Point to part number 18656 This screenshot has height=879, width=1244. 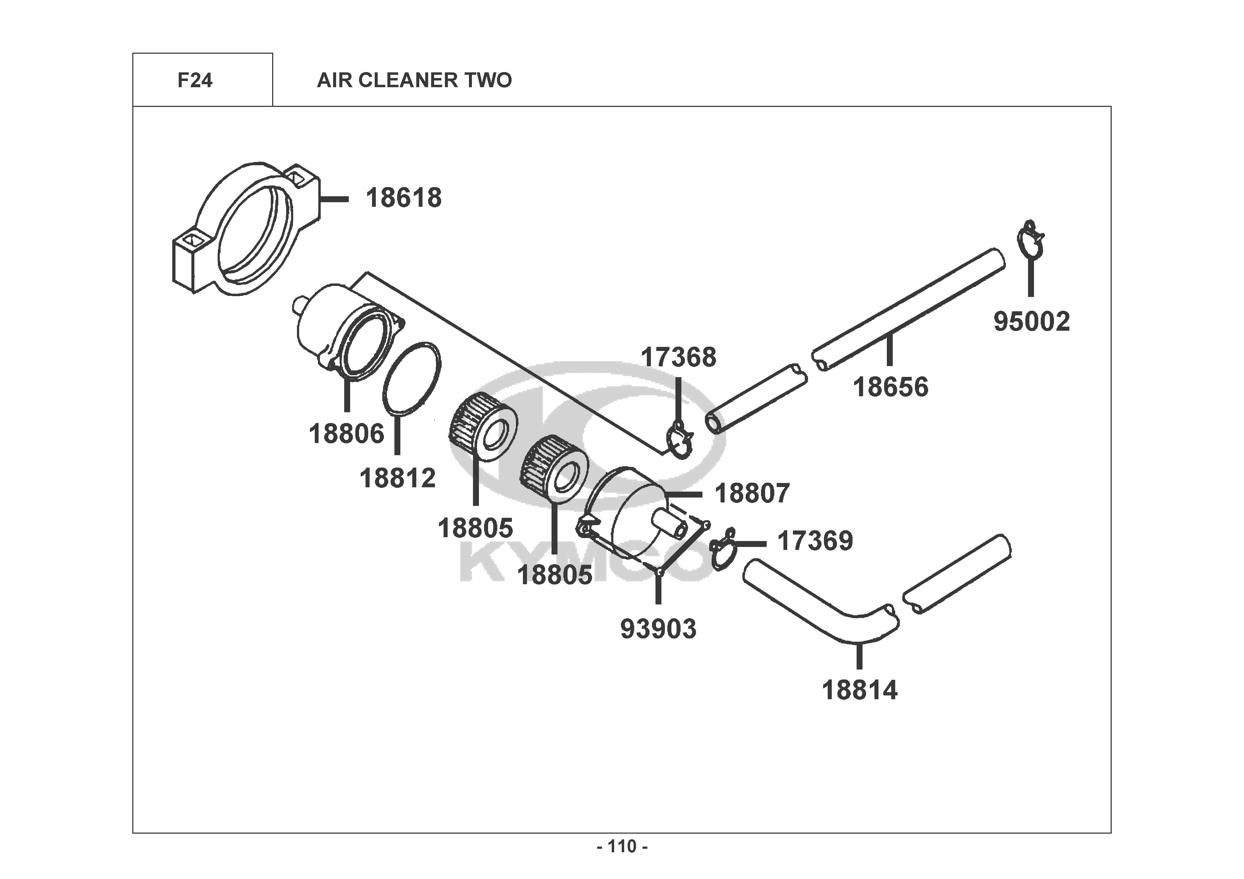click(x=891, y=387)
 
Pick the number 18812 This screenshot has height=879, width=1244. click(x=398, y=478)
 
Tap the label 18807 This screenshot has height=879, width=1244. click(x=752, y=493)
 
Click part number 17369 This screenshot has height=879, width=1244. click(x=815, y=541)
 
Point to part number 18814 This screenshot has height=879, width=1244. click(x=860, y=690)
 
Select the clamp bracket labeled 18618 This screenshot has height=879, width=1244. click(x=244, y=230)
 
